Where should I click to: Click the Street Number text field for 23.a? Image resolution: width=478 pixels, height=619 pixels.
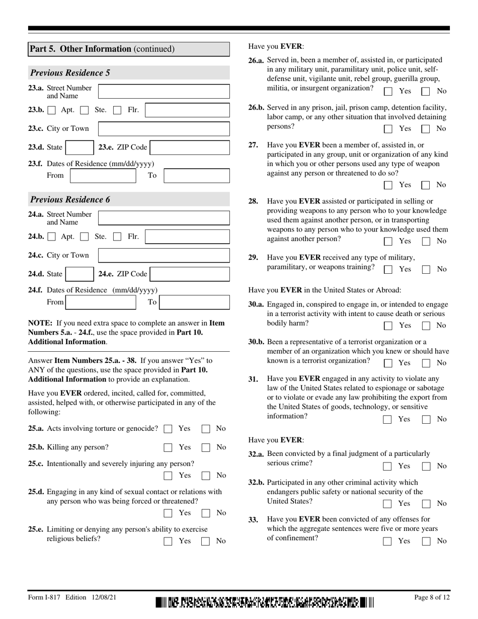click(164, 91)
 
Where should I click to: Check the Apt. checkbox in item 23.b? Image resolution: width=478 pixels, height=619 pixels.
click(52, 110)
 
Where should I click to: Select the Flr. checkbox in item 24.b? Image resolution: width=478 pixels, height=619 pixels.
click(117, 237)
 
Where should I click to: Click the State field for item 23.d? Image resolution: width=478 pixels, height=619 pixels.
click(78, 147)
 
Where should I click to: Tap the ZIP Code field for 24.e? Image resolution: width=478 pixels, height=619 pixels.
click(190, 274)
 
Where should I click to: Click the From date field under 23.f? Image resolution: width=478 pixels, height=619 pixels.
click(103, 176)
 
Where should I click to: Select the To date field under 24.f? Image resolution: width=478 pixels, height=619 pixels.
click(194, 302)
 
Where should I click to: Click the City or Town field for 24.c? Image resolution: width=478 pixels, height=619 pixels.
click(164, 256)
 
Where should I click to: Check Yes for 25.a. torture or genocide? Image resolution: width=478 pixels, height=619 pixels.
click(169, 429)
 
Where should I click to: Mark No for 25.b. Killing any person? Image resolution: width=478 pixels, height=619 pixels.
click(206, 447)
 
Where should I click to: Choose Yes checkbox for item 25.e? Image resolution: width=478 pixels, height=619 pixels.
click(169, 541)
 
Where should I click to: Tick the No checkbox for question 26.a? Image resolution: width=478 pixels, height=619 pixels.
click(426, 92)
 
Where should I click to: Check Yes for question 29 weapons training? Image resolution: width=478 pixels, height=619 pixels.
click(388, 269)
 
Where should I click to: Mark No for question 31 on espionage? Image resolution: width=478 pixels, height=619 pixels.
click(426, 419)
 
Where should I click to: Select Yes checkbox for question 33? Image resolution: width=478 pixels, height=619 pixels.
click(388, 541)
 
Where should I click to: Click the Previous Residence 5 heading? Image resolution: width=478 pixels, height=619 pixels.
click(70, 73)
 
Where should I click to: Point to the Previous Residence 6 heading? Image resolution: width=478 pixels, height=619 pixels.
click(70, 200)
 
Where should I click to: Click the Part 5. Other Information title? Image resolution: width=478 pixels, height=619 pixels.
click(102, 49)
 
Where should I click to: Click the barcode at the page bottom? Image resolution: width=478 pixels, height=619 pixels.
click(265, 601)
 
